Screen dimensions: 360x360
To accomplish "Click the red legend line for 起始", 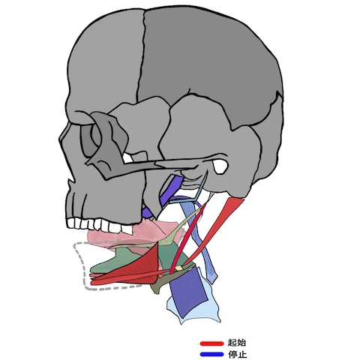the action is (x=211, y=343).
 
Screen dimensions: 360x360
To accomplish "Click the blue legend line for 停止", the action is (x=211, y=354).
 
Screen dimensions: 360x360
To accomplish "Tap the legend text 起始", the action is (x=237, y=343).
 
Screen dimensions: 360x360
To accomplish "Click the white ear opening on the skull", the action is (x=220, y=166).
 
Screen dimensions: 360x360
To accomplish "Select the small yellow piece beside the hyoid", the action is (x=178, y=268).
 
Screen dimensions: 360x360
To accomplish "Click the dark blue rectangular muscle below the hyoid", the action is (x=187, y=291).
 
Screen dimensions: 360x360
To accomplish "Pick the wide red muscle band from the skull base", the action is (x=215, y=230).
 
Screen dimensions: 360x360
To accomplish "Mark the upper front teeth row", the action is (x=99, y=225).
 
